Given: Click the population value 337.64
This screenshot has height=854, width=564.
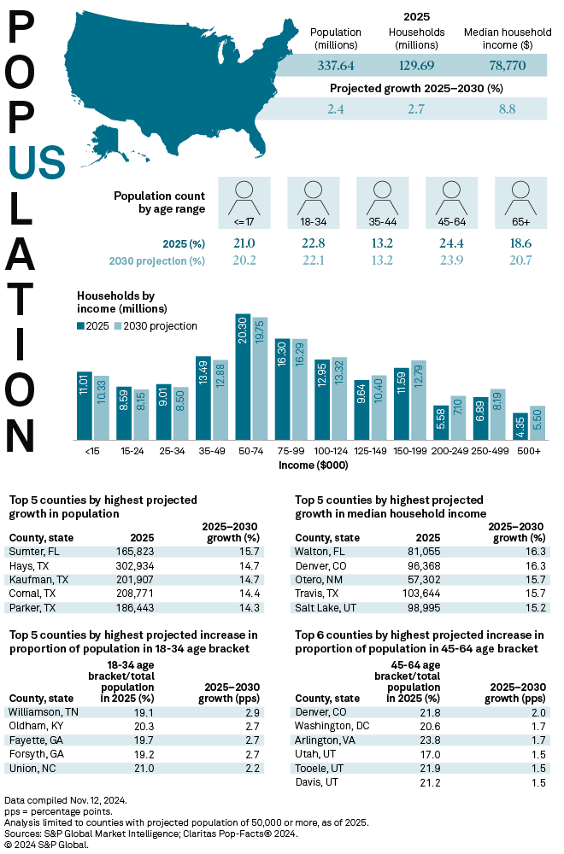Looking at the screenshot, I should coord(338,65).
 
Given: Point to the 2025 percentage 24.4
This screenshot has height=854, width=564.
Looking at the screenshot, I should coord(450,243).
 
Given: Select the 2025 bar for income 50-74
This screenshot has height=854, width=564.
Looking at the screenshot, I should coord(243,377).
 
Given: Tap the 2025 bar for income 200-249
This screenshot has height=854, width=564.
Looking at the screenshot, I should coord(439,422).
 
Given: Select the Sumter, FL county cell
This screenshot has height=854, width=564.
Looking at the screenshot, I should coord(32,553).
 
